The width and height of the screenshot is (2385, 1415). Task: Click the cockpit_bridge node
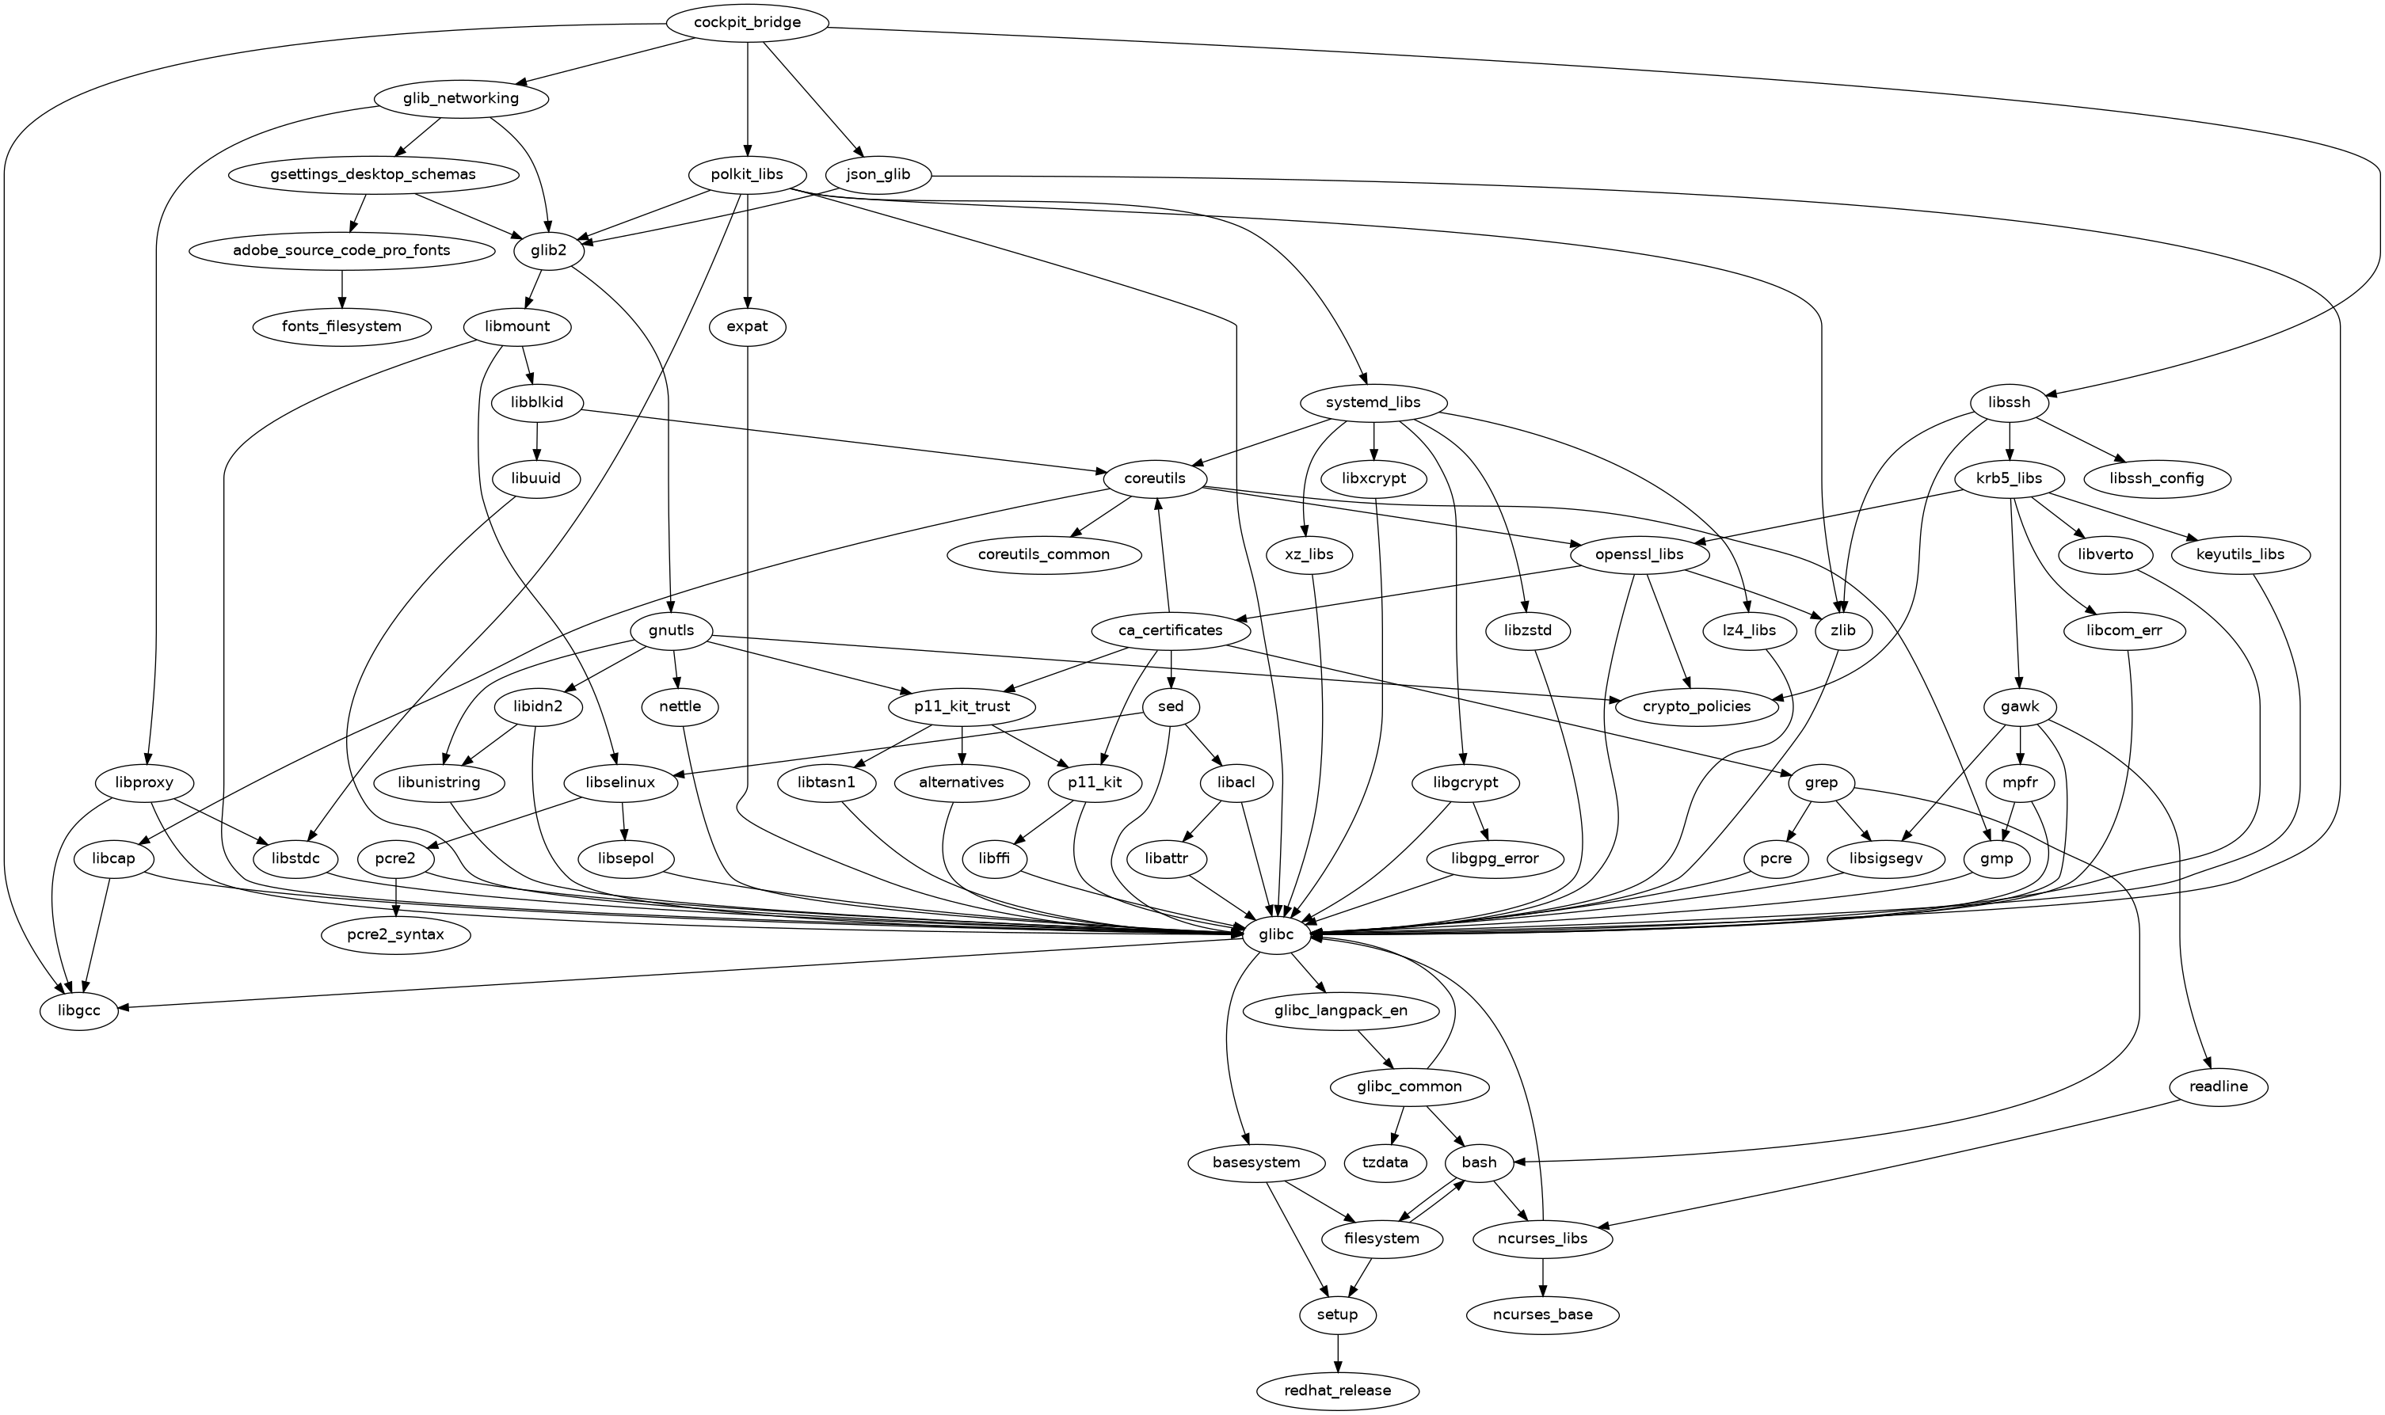748,23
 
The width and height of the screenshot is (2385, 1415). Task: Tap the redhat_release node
1338,1390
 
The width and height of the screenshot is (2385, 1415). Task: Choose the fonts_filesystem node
341,326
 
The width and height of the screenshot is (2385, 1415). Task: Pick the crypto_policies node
1697,706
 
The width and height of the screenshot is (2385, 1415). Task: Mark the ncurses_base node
1543,1315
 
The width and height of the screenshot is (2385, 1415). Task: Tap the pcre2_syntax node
396,934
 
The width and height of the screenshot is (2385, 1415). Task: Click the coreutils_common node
1044,554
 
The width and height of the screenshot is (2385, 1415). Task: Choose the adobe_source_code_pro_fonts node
341,251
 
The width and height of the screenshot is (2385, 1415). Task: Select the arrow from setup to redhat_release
1338,1352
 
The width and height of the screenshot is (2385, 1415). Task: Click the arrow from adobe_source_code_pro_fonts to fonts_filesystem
341,288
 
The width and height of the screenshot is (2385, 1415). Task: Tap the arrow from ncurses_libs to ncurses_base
1543,1276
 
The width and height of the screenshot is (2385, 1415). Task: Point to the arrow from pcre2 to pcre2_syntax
396,896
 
